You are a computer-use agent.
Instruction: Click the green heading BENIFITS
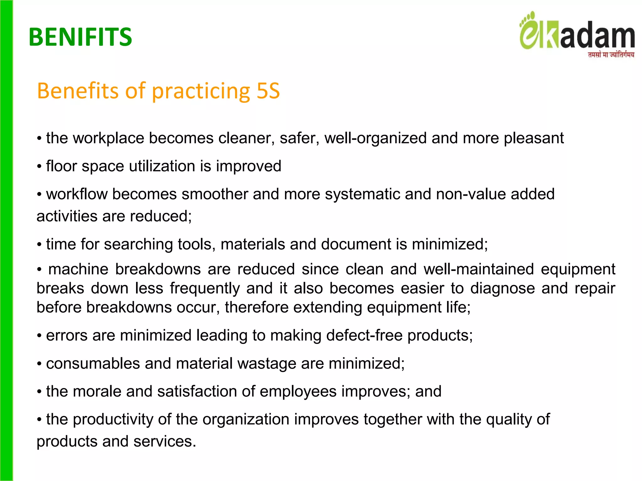pos(80,37)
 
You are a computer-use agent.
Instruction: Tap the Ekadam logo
pos(577,33)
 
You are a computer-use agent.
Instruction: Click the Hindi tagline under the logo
pos(611,55)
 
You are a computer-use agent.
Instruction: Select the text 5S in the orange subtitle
pos(268,91)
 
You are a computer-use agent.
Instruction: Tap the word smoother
pos(215,194)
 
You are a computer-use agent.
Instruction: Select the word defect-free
pos(364,336)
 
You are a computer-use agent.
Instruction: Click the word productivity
pos(113,420)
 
